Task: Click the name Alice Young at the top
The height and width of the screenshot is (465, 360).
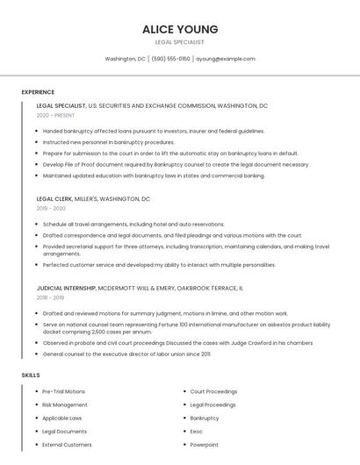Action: [x=180, y=29]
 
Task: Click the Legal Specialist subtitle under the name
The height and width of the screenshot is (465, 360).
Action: [x=180, y=42]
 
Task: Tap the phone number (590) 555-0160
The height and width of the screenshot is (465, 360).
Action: [x=170, y=59]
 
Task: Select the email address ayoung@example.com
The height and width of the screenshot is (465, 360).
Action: [x=226, y=59]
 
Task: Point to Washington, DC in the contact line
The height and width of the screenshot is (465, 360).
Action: [x=125, y=59]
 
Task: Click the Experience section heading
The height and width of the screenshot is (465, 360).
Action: [x=38, y=92]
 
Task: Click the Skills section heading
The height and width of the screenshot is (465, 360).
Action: [x=31, y=376]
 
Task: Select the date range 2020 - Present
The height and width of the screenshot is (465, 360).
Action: [x=55, y=115]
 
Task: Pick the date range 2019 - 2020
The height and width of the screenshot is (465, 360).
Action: [x=51, y=209]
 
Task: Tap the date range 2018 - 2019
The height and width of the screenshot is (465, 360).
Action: [x=51, y=297]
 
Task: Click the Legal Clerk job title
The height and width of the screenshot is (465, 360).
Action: [x=55, y=199]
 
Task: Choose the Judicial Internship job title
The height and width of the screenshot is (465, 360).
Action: [x=66, y=288]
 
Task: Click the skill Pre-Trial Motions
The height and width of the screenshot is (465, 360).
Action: [x=63, y=391]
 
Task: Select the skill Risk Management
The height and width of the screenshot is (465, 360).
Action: [x=64, y=404]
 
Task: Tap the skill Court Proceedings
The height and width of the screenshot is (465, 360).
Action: [x=213, y=391]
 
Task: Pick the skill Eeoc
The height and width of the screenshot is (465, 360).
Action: [x=197, y=432]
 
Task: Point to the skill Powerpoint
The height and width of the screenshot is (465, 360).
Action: [x=204, y=445]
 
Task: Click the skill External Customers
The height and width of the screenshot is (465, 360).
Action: [x=67, y=445]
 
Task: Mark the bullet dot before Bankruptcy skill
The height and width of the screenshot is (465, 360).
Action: [x=184, y=418]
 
